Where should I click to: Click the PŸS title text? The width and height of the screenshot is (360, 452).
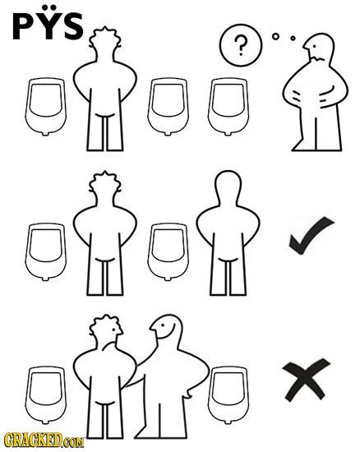point(48,22)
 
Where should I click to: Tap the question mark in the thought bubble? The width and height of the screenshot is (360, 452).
point(241,45)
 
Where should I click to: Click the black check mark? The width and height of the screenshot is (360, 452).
point(312,235)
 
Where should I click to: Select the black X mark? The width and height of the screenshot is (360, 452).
point(307,379)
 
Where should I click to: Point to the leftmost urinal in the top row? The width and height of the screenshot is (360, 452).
point(45,107)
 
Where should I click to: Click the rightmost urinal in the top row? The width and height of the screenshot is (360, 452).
point(228,107)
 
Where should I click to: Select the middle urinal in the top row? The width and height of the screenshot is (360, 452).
point(168,107)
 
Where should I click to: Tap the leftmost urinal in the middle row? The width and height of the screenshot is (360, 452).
point(45,251)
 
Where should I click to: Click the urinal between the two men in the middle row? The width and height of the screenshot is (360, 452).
point(168,251)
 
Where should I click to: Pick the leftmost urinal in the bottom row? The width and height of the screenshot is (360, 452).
point(45,395)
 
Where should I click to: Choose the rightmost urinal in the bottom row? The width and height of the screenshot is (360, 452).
point(228,395)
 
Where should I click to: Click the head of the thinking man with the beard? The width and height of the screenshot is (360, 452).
point(319,48)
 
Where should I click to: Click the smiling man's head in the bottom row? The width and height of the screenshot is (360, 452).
point(167,329)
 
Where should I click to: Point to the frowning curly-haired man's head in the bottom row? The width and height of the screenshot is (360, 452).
point(106,331)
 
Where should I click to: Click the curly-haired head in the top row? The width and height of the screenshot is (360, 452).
point(105,44)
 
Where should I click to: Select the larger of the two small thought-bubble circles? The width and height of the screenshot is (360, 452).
point(275,37)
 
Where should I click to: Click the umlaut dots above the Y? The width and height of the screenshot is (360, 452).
point(48,7)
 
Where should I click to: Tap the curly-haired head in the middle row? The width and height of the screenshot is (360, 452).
point(105,187)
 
